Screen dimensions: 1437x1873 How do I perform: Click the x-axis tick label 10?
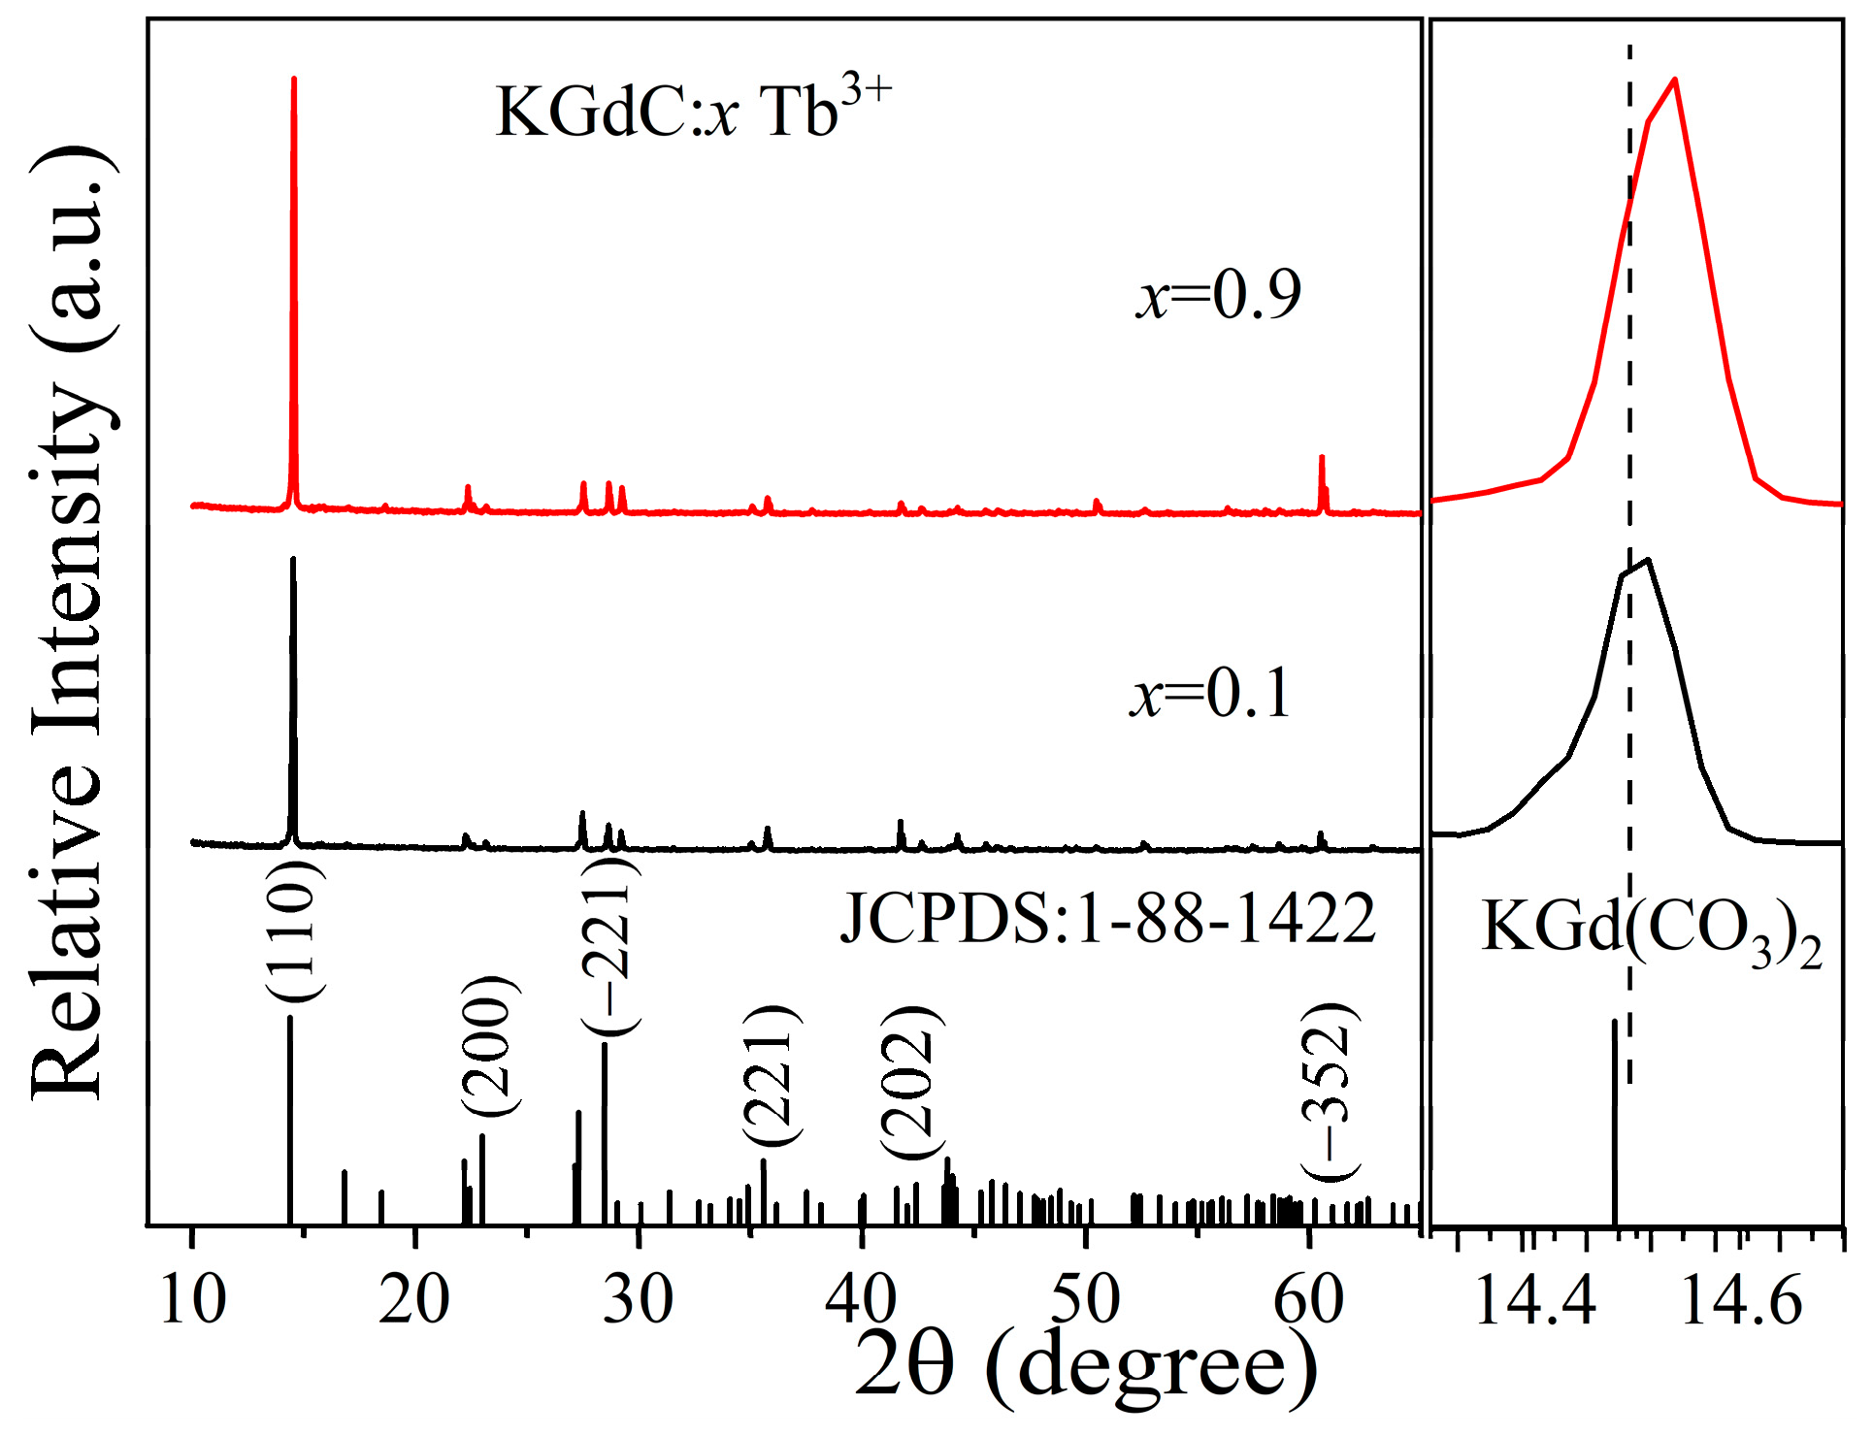[192, 1299]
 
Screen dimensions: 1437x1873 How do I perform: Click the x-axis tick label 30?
[638, 1299]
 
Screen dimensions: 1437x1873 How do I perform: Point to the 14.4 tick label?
[1534, 1299]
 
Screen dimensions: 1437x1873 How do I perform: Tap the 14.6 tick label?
[1741, 1299]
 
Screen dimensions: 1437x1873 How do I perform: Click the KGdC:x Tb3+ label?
[692, 110]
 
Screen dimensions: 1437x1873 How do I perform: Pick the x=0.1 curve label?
[1210, 694]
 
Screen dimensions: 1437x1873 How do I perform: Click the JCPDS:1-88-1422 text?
[1107, 918]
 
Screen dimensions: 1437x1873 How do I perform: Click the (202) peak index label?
[910, 1082]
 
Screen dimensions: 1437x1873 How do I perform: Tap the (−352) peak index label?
[1331, 1091]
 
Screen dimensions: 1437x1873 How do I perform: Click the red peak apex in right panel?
[1675, 81]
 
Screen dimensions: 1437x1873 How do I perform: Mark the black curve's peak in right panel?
[1648, 560]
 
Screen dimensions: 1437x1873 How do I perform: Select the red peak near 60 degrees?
[1321, 458]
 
